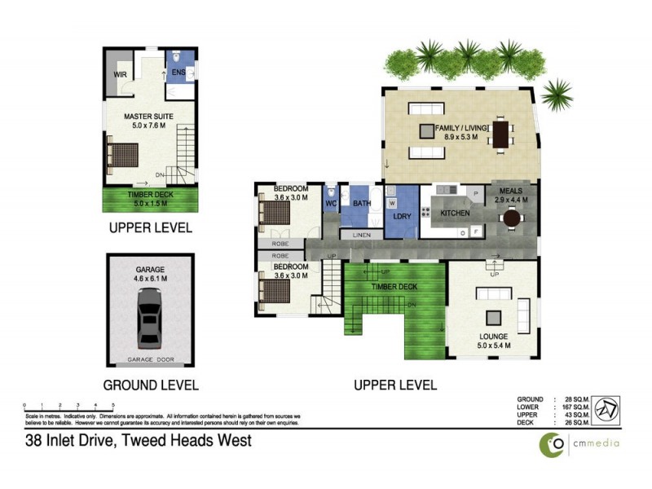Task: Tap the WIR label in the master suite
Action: pyautogui.click(x=118, y=77)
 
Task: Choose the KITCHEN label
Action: pyautogui.click(x=456, y=213)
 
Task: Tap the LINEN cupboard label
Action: pyautogui.click(x=361, y=236)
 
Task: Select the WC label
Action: pyautogui.click(x=331, y=203)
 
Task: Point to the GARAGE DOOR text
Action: pyautogui.click(x=150, y=359)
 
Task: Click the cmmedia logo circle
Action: pyautogui.click(x=555, y=444)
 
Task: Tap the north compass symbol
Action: pyautogui.click(x=604, y=408)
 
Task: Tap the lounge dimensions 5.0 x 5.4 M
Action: pyautogui.click(x=495, y=346)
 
